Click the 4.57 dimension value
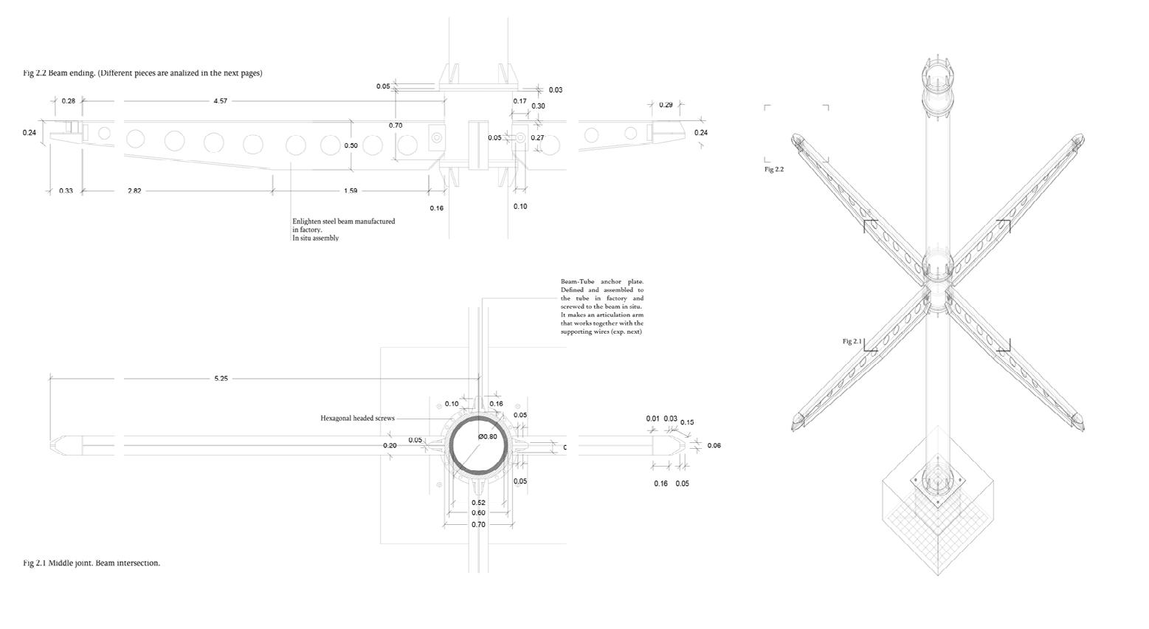(x=220, y=101)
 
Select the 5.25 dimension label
(x=221, y=379)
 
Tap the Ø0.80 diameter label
(x=488, y=437)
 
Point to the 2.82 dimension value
(x=134, y=191)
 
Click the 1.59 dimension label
(x=350, y=191)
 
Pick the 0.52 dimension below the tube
(x=478, y=503)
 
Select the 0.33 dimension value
(x=66, y=191)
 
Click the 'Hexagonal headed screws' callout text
(x=357, y=419)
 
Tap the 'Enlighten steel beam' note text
(x=343, y=230)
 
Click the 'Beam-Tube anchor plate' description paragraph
(x=601, y=306)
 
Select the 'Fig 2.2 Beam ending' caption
(x=142, y=73)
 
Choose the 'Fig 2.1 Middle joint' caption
(x=92, y=563)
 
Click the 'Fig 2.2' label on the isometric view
(x=773, y=170)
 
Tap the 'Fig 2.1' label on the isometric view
(x=852, y=342)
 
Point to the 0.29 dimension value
(x=666, y=105)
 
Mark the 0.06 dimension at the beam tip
(x=714, y=446)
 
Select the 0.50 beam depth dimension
(x=351, y=146)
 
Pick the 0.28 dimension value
(x=68, y=101)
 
